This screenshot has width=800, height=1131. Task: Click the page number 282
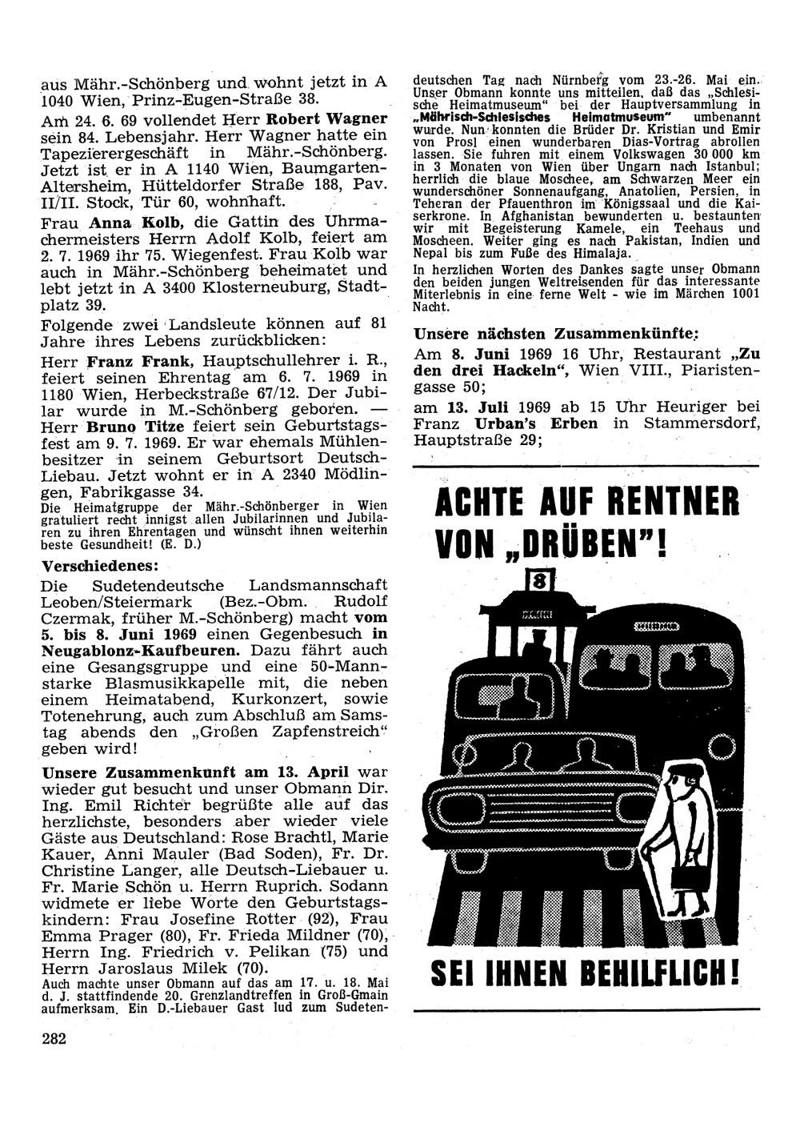(x=54, y=1038)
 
